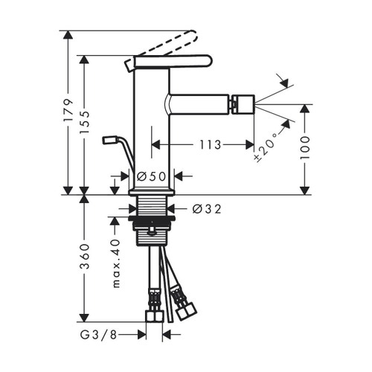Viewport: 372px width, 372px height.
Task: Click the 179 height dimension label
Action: coord(68,112)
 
